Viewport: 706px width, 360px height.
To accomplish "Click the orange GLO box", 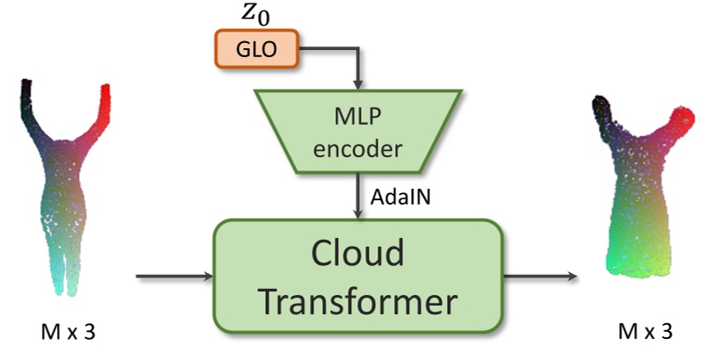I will [256, 49].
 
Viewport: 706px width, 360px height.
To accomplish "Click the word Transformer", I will [359, 301].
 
